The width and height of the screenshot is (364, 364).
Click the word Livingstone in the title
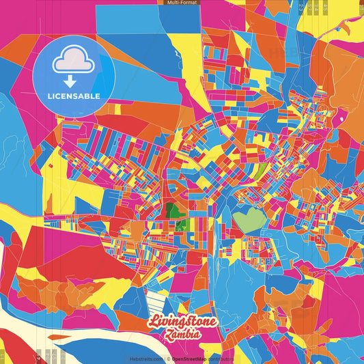183,322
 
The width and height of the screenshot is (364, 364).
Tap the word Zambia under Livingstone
183,335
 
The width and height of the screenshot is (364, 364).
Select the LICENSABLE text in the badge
74,96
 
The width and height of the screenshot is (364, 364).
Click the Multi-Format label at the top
182,3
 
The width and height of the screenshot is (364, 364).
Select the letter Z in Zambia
167,335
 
